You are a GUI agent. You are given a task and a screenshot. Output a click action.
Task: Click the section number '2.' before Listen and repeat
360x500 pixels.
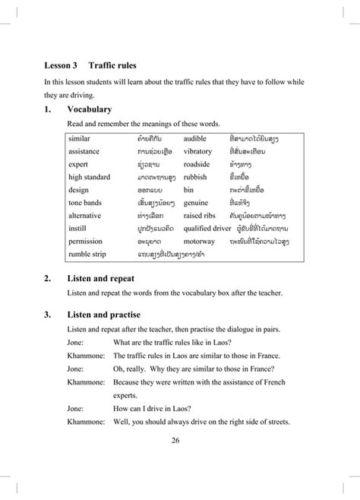48,278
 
